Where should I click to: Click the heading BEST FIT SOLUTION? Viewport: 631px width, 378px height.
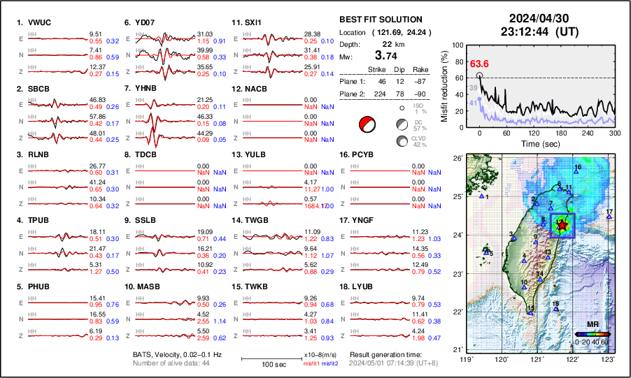[381, 20]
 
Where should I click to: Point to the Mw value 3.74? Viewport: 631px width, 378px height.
[388, 55]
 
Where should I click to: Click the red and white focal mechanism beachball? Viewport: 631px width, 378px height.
[367, 124]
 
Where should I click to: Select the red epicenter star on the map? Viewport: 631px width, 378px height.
[563, 224]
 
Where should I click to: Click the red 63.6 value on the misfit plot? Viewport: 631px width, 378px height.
[479, 64]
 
